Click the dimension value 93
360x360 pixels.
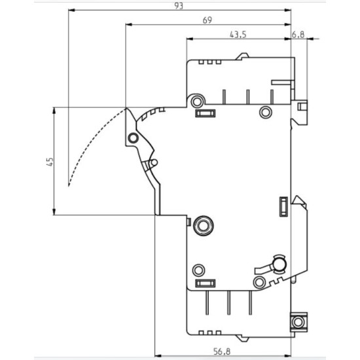[x=179, y=6]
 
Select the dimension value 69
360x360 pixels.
[x=207, y=20]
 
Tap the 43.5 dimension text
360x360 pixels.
[x=238, y=35]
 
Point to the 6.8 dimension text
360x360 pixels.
[x=298, y=35]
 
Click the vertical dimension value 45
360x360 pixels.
[x=50, y=162]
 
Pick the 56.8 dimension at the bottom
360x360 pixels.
[x=221, y=351]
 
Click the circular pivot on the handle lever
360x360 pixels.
[x=133, y=138]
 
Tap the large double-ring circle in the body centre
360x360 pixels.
[x=203, y=225]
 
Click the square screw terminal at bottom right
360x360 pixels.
[x=298, y=322]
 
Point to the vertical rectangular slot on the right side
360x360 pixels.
[x=283, y=206]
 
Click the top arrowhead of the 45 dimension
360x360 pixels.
[x=54, y=111]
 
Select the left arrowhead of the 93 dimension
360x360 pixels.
[x=72, y=10]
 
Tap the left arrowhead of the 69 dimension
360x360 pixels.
[x=129, y=25]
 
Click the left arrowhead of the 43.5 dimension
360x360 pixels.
[x=190, y=39]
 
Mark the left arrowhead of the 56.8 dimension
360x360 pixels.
[x=158, y=356]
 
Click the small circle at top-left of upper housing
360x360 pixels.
[x=197, y=101]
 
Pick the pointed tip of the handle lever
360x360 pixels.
[x=126, y=108]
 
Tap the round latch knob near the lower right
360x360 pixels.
[x=279, y=264]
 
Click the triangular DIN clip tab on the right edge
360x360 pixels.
[x=299, y=200]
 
